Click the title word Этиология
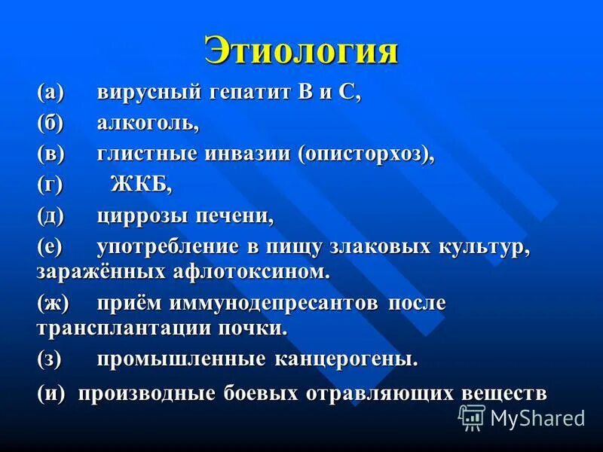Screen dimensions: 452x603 [x=301, y=50]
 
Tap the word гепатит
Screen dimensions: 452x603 [x=252, y=94]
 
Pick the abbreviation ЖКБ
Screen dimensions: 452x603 [x=141, y=184]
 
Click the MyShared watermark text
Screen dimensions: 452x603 [x=537, y=417]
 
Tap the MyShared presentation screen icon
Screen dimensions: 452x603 [x=472, y=417]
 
